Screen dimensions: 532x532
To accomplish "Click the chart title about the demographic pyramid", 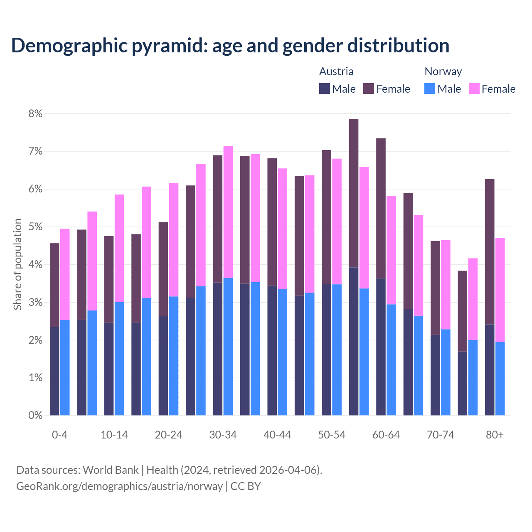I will pos(230,46).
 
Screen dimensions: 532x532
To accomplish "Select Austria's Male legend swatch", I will pos(324,89).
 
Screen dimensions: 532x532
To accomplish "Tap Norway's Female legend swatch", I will pos(474,89).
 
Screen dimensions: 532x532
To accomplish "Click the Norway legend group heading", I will pos(443,71).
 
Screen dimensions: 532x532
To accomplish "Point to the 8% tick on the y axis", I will pos(35,113).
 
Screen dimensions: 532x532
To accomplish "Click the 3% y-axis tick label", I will pos(35,303).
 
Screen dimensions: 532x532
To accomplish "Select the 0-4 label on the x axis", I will pos(59,435).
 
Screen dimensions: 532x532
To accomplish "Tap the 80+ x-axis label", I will pos(495,435).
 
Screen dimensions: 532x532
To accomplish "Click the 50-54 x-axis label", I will pos(332,435).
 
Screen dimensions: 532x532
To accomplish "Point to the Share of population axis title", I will pos(17,264).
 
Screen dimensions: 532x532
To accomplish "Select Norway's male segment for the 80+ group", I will pos(500,378).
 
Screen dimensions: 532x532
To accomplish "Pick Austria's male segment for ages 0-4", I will pos(54,371).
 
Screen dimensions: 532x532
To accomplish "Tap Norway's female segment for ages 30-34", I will pos(228,212).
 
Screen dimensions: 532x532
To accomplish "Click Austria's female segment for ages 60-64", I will pos(381,208).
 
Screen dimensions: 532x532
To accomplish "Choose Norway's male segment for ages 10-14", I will pos(119,358).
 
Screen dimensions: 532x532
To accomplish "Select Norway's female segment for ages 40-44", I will pos(283,229).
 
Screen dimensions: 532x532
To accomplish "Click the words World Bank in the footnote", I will pos(111,470).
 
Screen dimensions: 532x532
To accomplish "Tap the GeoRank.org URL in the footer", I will pos(119,486).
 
